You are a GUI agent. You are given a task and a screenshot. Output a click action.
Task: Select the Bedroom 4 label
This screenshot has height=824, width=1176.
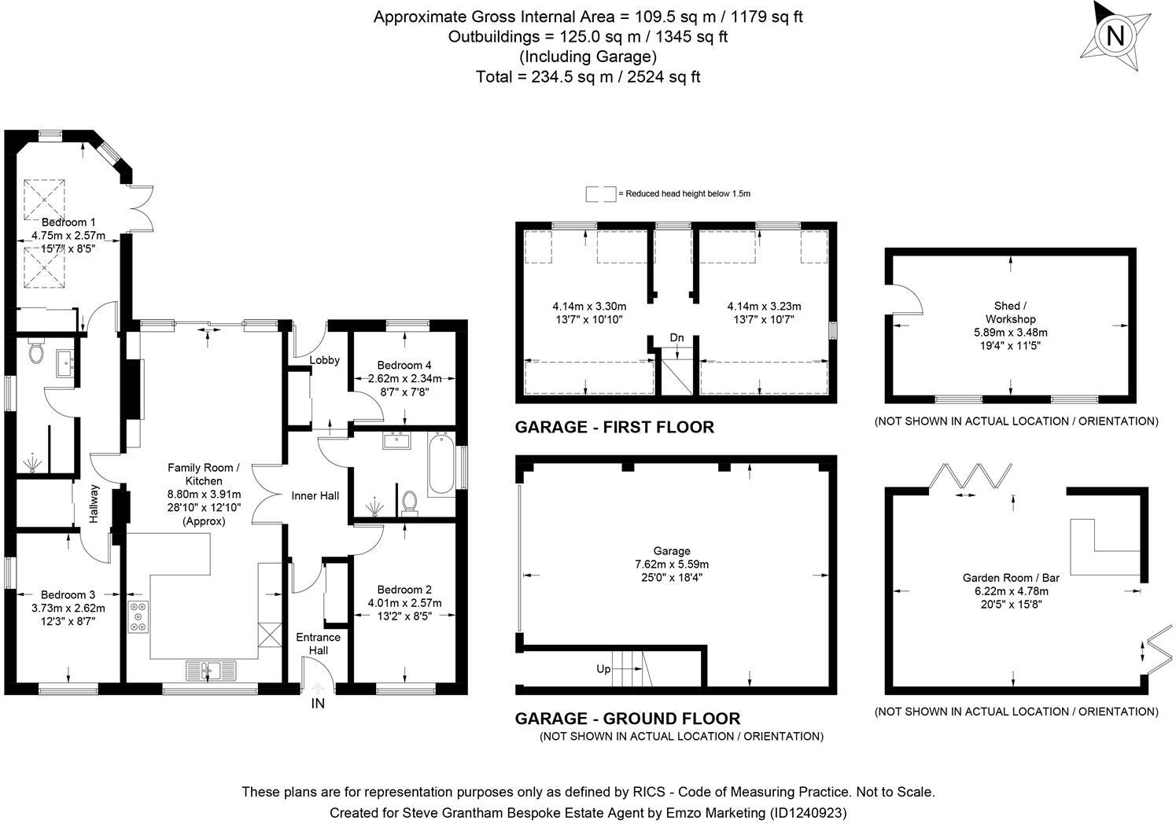coord(404,366)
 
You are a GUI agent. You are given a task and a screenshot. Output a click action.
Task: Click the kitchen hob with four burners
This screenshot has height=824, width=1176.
coord(138,616)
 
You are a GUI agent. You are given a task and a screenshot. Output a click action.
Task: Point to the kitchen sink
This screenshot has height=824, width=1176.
coord(210,671)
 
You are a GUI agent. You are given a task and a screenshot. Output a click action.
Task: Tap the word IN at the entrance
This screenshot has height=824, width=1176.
coord(318,704)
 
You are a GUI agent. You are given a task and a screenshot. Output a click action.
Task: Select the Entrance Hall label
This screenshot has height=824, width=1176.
coord(318,644)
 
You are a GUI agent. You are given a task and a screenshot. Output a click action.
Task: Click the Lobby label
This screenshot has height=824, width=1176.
coord(324,360)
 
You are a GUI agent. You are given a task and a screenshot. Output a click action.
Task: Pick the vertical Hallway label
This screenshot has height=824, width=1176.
coord(94,505)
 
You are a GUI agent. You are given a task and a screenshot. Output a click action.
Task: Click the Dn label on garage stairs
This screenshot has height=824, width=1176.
coord(676,338)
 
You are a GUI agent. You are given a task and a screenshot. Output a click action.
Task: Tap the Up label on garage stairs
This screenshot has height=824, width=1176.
coord(603,670)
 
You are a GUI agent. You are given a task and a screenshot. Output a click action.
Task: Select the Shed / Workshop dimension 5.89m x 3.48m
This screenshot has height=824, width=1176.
coord(1010,333)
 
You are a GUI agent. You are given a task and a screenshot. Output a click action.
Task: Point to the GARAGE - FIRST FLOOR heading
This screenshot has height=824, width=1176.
coord(614,427)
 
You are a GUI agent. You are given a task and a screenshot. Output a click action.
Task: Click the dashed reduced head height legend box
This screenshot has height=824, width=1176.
coord(601,193)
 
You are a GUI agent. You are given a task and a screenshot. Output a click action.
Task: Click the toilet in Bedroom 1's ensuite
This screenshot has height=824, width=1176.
coord(35,353)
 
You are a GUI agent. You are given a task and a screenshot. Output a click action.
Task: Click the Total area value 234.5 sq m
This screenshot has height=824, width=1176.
coord(563,77)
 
